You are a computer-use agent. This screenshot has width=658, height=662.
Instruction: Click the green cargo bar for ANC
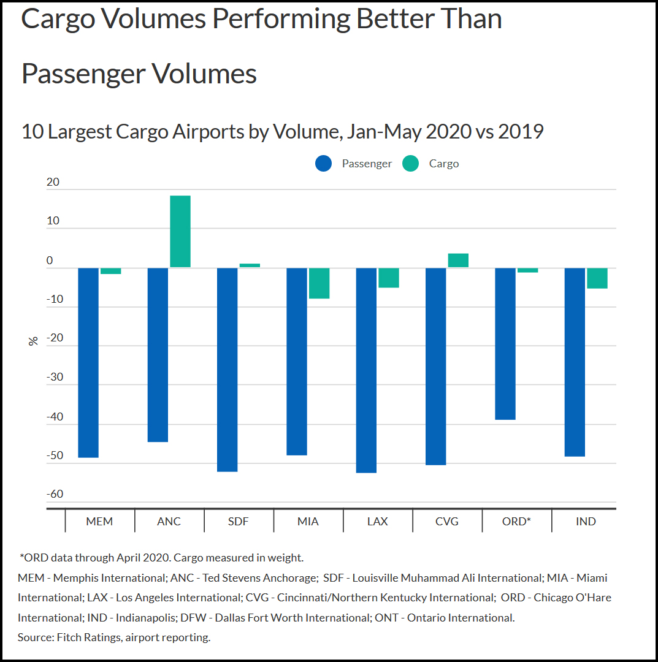180,232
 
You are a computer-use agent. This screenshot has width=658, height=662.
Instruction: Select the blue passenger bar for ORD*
505,343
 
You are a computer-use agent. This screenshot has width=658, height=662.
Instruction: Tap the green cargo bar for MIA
319,283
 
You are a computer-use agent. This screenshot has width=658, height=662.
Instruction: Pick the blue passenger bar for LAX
366,370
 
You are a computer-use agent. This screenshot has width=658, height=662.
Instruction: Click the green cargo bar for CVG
458,261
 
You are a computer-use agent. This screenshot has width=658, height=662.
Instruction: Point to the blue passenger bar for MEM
88,362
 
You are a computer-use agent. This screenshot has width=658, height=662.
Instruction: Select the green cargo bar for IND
597,278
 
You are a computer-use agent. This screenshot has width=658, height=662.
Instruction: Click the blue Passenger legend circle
323,164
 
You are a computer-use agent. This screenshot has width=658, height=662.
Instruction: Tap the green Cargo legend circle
410,164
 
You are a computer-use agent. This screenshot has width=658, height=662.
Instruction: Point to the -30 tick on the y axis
55,377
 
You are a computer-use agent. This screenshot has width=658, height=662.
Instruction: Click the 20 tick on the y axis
53,182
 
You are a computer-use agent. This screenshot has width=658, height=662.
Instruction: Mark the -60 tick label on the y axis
55,494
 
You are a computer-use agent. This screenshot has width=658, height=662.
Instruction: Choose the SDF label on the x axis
239,522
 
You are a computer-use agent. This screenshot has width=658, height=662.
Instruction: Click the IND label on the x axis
586,522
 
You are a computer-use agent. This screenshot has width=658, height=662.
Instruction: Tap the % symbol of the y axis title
33,341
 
